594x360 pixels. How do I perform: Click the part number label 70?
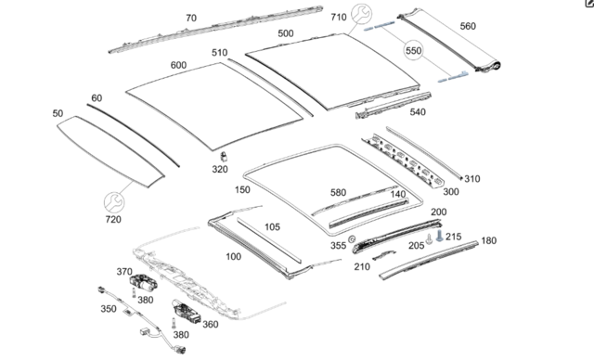[x=191, y=19]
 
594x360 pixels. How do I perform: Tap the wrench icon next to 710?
[x=361, y=14]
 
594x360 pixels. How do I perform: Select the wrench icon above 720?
[x=114, y=202]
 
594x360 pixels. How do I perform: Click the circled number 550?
[x=413, y=50]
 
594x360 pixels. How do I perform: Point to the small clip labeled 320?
[x=224, y=157]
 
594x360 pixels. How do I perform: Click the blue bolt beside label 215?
[x=439, y=236]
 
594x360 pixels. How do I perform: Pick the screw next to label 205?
[x=429, y=238]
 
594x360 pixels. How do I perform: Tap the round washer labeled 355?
[x=352, y=238]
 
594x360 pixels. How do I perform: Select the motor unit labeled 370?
[x=143, y=283]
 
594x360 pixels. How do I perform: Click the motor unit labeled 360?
[x=187, y=312]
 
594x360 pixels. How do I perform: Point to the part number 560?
[x=468, y=26]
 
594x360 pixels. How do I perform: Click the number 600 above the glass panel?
[x=178, y=65]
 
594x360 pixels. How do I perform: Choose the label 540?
[x=418, y=112]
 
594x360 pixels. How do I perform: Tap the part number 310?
[x=472, y=179]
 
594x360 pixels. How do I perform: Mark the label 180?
[x=489, y=240]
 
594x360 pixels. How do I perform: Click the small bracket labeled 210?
[x=384, y=255]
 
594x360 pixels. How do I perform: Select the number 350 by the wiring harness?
[x=109, y=309]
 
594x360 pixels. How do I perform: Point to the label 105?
[x=272, y=227]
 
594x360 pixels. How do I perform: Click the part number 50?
[x=58, y=113]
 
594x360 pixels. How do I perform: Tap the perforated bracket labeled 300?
[x=404, y=161]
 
